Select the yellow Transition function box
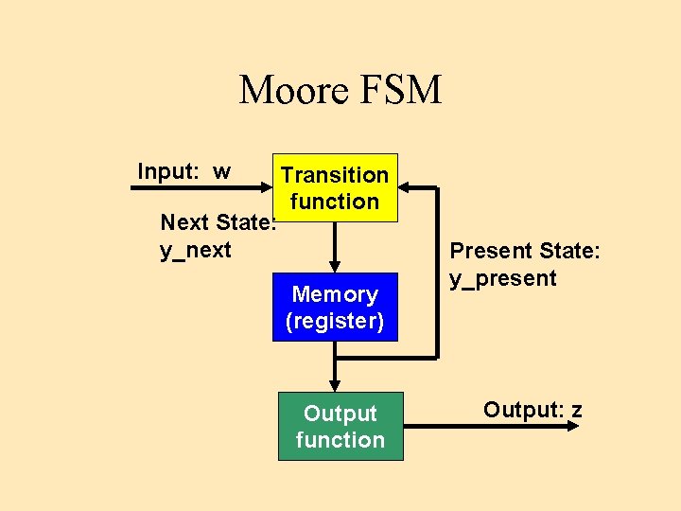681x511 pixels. point(335,187)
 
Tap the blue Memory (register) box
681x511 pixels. point(335,308)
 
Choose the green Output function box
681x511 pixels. point(340,427)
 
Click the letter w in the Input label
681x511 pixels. point(221,172)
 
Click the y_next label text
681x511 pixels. point(196,251)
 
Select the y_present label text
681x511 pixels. point(503,278)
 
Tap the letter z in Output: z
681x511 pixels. point(576,411)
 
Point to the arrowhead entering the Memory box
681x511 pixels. point(334,266)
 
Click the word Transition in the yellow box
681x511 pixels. point(335,175)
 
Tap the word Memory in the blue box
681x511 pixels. point(335,294)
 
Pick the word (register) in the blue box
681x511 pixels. point(335,321)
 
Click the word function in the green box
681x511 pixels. point(340,440)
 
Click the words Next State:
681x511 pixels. point(218,223)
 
